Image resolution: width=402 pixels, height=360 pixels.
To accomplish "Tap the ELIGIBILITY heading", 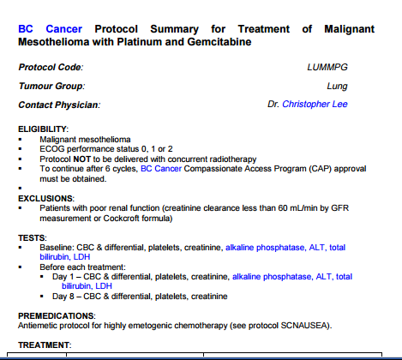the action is coord(42,129).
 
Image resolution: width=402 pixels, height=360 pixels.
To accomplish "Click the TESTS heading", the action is coord(33,237).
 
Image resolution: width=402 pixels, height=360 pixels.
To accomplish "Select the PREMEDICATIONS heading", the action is coord(57,315).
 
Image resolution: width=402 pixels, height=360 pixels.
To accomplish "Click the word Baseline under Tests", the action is coord(58,247).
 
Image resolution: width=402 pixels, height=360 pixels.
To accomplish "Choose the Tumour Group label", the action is coord(51,86).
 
